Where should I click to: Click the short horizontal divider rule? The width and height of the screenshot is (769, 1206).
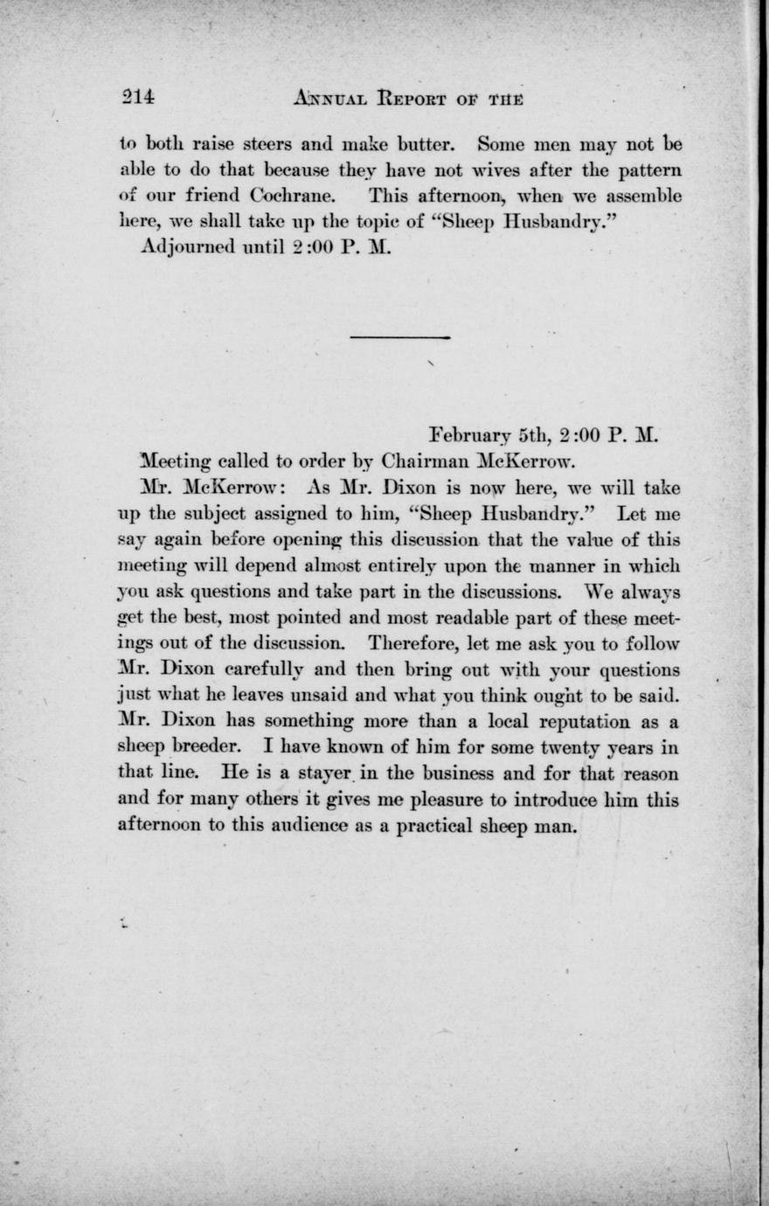(400, 336)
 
